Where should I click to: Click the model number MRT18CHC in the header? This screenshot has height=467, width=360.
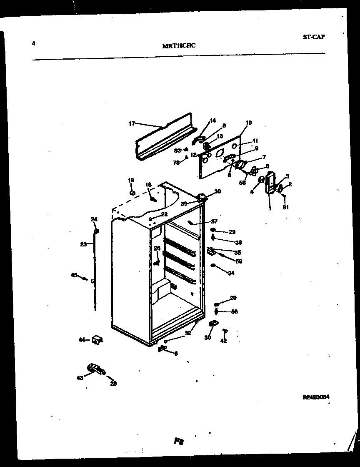[x=179, y=46]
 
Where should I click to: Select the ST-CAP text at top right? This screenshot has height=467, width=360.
[x=314, y=37]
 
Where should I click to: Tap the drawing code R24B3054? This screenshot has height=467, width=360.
[x=316, y=397]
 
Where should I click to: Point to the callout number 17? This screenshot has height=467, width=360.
[x=132, y=123]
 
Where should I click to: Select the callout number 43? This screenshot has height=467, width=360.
[x=80, y=377]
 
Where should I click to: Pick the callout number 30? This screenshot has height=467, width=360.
[x=207, y=338]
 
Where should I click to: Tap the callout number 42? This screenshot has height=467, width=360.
[x=224, y=341]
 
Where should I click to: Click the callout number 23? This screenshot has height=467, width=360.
[x=83, y=245]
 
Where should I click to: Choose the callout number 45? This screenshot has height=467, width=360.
[x=74, y=275]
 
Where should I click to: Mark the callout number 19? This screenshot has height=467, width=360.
[x=131, y=180]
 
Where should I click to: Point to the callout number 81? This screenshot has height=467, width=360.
[x=285, y=207]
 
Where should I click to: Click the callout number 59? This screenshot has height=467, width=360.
[x=239, y=261]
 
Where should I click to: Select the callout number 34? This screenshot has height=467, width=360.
[x=231, y=273]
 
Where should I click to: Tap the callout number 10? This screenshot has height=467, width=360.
[x=249, y=123]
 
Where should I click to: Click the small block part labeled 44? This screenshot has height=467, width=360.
[x=97, y=340]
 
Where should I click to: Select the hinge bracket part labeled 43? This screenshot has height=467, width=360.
[x=95, y=369]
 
